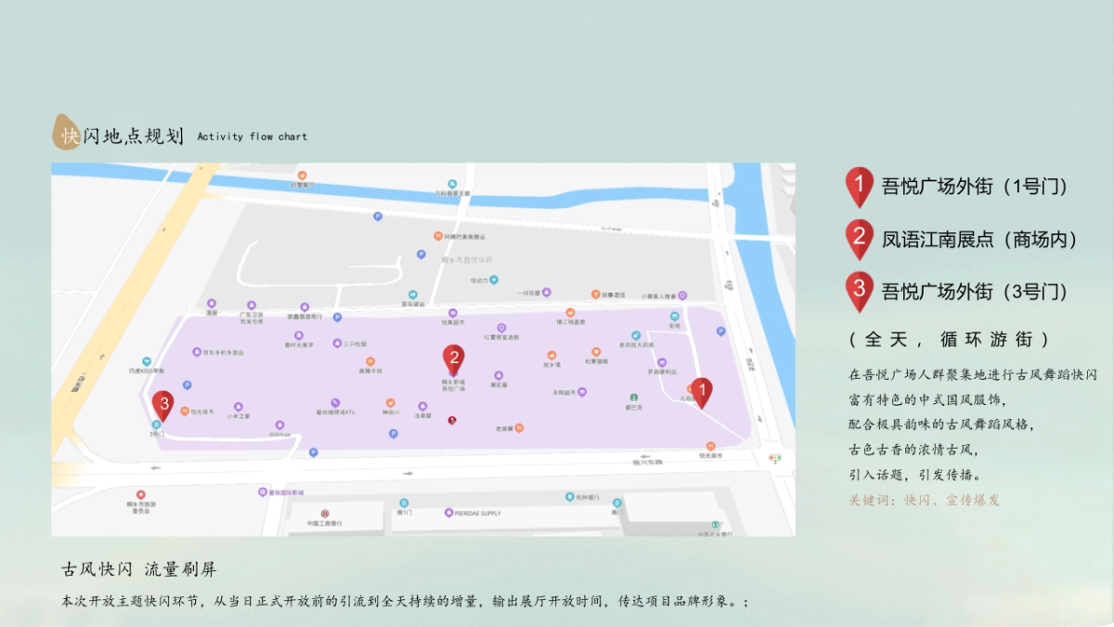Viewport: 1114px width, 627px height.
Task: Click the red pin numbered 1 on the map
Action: click(702, 392)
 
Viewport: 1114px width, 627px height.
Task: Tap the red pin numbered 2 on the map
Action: click(454, 359)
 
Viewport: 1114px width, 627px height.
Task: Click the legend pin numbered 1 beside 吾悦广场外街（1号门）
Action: click(860, 186)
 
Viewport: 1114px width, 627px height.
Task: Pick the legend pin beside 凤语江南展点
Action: click(860, 239)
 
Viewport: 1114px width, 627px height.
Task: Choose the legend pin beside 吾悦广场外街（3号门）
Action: click(860, 291)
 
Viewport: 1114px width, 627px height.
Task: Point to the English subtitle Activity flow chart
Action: click(252, 137)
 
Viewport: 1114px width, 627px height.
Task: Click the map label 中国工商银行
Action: click(324, 523)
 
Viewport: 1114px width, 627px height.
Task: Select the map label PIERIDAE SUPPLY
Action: click(477, 513)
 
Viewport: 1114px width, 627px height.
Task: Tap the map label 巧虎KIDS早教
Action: click(147, 369)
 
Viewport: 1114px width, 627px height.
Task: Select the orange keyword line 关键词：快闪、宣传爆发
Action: click(924, 500)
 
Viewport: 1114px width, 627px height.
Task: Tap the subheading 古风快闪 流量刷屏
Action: click(139, 568)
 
